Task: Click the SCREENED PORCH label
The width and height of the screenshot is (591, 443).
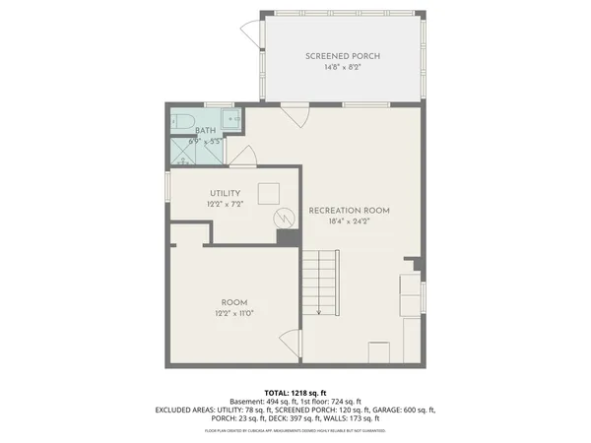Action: [x=342, y=56]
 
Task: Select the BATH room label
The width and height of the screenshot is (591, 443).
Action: [x=205, y=130]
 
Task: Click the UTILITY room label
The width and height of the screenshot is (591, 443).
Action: [x=226, y=193]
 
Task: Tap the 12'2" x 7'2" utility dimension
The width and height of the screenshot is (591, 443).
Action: [x=226, y=204]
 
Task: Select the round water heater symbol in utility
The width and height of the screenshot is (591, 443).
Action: [x=283, y=217]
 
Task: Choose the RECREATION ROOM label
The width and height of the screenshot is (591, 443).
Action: [x=349, y=211]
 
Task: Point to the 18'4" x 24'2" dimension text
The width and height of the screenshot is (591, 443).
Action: [x=349, y=222]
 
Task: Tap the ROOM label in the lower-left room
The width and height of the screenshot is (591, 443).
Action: [x=233, y=302]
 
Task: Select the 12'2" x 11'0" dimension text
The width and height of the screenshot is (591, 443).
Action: [x=233, y=314]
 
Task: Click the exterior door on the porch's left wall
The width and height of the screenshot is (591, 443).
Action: [x=250, y=34]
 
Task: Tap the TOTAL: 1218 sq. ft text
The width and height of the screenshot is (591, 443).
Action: [x=295, y=392]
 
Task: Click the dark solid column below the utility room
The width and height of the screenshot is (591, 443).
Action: [x=288, y=238]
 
